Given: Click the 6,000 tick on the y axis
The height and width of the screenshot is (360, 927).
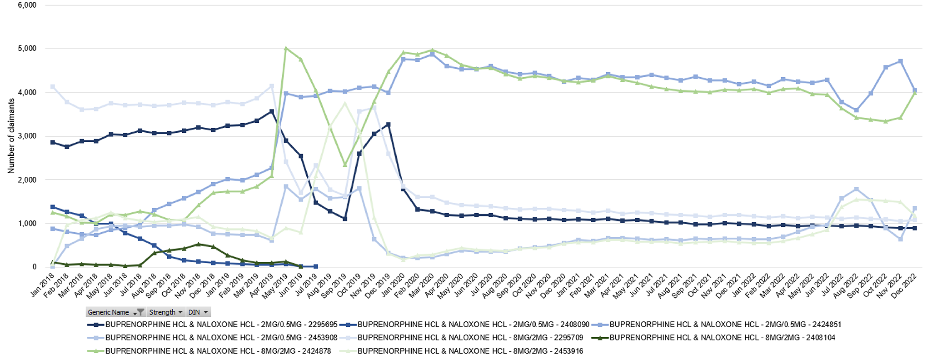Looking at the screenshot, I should [27, 5].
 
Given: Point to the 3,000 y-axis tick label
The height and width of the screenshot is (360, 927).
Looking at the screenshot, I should [27, 136].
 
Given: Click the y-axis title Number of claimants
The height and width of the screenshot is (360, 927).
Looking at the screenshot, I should [11, 136].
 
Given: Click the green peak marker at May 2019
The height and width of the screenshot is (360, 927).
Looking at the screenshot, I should [286, 48].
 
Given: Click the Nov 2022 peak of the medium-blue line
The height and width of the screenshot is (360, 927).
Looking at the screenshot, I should [900, 61].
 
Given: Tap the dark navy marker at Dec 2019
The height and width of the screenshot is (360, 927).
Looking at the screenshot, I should [388, 124].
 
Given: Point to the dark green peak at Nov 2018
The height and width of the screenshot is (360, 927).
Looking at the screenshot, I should [198, 244].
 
